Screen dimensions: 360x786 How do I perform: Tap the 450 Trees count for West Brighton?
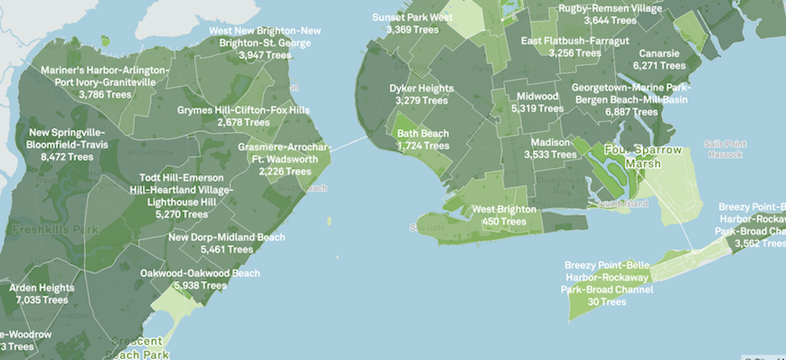504,222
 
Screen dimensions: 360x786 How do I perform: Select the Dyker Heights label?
421,88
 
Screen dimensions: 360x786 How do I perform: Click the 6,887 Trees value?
632,111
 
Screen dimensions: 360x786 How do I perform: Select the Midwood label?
537,97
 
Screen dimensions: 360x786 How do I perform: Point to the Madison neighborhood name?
550,142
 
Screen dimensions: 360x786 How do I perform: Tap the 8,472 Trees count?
68,157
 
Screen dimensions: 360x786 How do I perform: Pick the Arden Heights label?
42,288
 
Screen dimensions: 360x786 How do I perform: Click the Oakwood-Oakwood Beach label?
200,272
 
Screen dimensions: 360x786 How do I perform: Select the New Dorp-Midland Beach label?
226,237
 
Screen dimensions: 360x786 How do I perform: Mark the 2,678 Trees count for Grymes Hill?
243,122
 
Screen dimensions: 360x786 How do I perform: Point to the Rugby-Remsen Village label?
609,8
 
